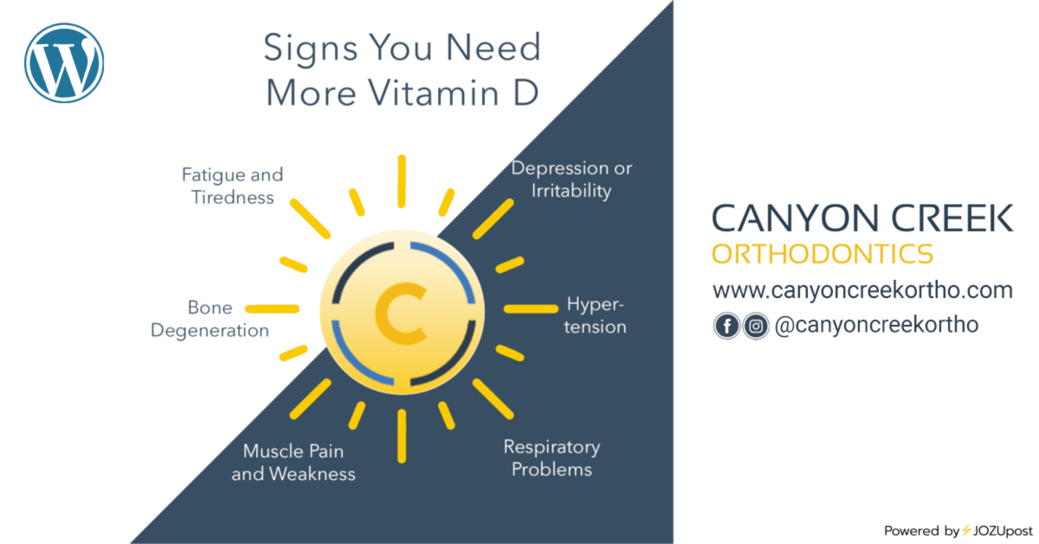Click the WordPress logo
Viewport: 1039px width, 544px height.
[64, 63]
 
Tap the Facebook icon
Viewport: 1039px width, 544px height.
[727, 326]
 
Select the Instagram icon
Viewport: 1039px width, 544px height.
[756, 326]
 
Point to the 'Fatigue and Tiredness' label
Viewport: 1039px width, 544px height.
[232, 186]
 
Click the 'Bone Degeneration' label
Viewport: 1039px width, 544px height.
[210, 319]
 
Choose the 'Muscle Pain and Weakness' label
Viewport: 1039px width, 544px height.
[294, 463]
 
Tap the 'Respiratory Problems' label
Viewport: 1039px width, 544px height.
[552, 458]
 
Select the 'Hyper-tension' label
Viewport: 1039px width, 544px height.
[595, 315]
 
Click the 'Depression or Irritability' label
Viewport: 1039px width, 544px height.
[571, 180]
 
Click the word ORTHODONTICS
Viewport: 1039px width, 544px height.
[823, 254]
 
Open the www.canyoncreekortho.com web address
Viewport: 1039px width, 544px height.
[863, 290]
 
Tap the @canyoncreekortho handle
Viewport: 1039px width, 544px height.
[877, 325]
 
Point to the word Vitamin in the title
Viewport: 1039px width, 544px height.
[434, 93]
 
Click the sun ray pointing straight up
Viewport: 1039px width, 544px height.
[402, 181]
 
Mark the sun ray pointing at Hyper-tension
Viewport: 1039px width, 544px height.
[531, 309]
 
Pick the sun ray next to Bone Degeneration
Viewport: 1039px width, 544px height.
[272, 309]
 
